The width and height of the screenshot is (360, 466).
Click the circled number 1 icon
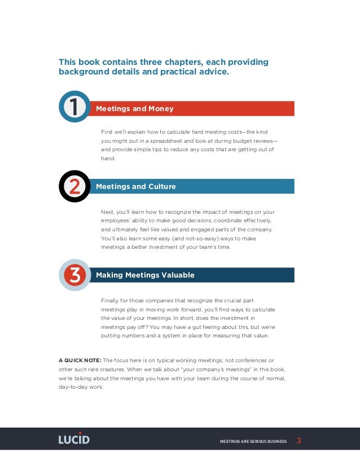point(74,107)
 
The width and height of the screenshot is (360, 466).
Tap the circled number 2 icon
point(74,186)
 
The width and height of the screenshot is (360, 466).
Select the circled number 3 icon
point(74,275)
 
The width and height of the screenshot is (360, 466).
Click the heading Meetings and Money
point(135,108)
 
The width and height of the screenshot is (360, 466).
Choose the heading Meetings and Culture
point(136,186)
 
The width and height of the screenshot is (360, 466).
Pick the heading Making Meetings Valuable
point(145,275)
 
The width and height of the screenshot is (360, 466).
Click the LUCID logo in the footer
point(74,439)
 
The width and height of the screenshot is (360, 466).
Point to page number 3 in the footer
point(298,440)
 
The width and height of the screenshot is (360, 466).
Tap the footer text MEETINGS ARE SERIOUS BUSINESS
point(253,441)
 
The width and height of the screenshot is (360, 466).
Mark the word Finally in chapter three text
point(109,300)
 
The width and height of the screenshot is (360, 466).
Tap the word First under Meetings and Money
point(107,131)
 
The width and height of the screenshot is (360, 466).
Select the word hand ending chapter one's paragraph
point(107,159)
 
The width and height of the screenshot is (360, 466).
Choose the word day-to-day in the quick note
point(72,387)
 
